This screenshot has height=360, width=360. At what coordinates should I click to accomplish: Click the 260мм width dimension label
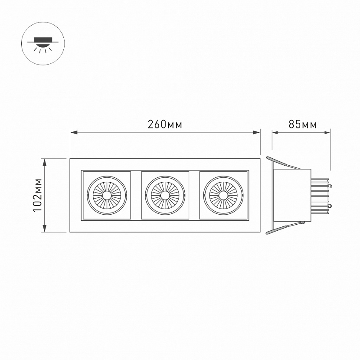(x=165, y=124)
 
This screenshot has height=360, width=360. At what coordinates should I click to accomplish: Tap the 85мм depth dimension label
(x=302, y=124)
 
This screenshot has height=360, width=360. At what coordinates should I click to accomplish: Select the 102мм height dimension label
(x=38, y=195)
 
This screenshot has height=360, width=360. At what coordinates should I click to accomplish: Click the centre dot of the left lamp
(x=107, y=195)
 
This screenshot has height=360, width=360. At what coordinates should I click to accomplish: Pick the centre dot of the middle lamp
(x=165, y=195)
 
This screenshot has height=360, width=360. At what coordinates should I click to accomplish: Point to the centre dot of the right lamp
(x=223, y=195)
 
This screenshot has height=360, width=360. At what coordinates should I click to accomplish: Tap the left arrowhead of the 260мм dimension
(x=74, y=132)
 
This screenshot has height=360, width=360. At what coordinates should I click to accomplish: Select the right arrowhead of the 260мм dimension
(x=256, y=132)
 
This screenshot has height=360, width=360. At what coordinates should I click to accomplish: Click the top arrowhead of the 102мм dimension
(x=45, y=162)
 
